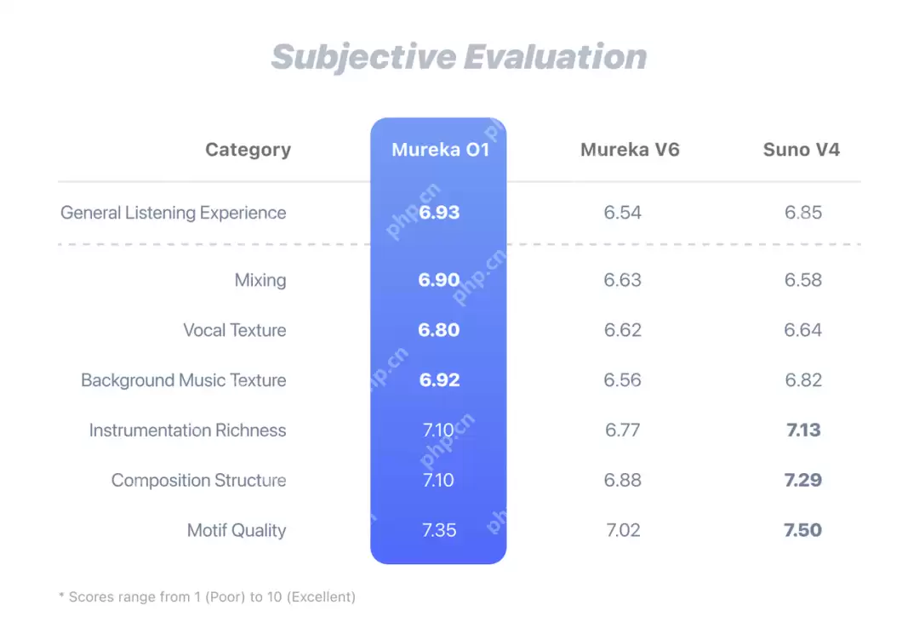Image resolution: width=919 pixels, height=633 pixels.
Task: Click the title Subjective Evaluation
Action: coord(459,57)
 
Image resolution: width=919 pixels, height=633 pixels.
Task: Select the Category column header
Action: coord(248,150)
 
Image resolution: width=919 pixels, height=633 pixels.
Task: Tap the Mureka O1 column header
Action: coord(440,150)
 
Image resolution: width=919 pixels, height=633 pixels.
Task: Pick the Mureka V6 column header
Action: coord(630,150)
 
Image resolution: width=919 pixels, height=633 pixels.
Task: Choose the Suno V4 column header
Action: coord(801,150)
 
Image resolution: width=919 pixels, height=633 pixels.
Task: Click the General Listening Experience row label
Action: coord(173,213)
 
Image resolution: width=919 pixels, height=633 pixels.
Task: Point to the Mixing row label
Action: coord(260,280)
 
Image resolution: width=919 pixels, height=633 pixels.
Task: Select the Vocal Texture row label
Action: coord(235,330)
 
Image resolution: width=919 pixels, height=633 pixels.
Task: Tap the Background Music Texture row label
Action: coord(184,380)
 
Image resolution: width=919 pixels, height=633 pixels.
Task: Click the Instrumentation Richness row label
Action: coord(187,431)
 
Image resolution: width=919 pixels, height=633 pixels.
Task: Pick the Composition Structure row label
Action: coord(198,481)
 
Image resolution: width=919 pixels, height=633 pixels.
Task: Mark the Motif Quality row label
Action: coord(237,531)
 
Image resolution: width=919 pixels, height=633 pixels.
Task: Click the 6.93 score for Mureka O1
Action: coord(439,213)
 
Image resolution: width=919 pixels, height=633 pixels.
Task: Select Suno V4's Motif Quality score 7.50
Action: coord(803,531)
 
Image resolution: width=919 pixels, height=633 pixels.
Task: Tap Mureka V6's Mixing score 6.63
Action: coord(623,280)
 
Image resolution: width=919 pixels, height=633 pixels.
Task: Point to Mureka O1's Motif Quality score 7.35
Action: coord(439,531)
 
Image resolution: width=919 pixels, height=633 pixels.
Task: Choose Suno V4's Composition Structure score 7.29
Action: coord(803,481)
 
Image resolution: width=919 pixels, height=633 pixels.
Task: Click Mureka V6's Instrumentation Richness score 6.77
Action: coord(623,431)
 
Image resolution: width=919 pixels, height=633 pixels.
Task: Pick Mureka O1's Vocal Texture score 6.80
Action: coord(439,330)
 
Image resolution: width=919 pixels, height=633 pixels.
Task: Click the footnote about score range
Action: coord(207,597)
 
